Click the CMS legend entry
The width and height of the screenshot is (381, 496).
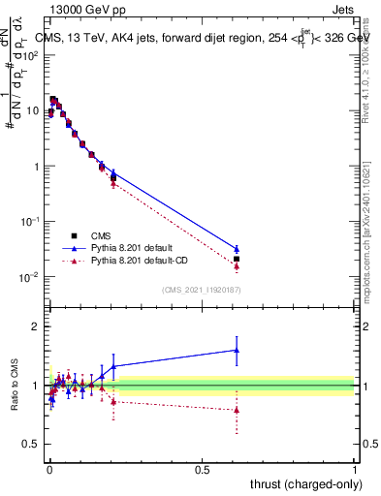click(x=99, y=235)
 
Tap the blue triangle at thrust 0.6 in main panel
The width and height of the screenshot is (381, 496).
click(x=237, y=249)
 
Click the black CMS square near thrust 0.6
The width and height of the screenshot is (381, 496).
click(x=237, y=259)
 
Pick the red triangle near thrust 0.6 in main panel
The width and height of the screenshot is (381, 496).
click(x=237, y=265)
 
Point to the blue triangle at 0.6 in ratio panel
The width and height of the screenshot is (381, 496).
click(x=237, y=350)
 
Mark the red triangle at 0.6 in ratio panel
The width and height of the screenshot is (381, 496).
click(x=237, y=409)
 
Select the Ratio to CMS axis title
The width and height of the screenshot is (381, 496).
click(x=15, y=387)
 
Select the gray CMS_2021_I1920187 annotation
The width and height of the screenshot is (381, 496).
click(x=202, y=291)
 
